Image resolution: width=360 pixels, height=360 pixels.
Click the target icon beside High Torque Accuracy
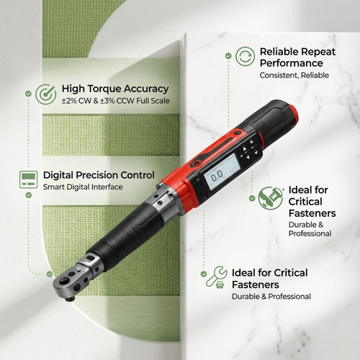click(x=46, y=94)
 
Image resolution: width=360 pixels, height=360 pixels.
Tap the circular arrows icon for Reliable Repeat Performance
click(x=245, y=56)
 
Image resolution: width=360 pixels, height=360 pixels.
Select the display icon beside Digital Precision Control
click(x=28, y=180)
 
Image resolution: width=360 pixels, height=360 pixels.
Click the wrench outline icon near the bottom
click(x=216, y=276)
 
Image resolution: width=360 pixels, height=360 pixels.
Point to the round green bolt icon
click(x=271, y=198)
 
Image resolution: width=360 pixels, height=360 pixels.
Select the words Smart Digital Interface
click(x=83, y=187)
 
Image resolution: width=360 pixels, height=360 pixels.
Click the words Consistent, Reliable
click(x=294, y=76)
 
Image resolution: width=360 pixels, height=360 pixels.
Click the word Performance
click(x=292, y=63)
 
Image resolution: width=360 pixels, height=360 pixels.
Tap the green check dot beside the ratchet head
click(x=50, y=274)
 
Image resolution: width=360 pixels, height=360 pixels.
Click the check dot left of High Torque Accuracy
click(x=28, y=94)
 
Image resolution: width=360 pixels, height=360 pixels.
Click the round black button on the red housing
click(x=238, y=132)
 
